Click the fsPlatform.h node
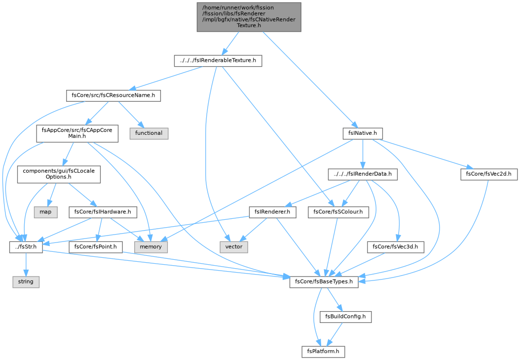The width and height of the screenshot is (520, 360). pyautogui.click(x=323, y=352)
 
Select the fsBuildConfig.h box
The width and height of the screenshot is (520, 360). pyautogui.click(x=345, y=317)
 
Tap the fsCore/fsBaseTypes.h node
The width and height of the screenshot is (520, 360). pyautogui.click(x=324, y=281)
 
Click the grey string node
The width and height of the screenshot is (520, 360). pyautogui.click(x=26, y=281)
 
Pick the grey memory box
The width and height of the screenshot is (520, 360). pyautogui.click(x=151, y=247)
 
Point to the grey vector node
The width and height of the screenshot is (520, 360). pyautogui.click(x=234, y=247)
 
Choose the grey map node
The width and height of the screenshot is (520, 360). pyautogui.click(x=45, y=212)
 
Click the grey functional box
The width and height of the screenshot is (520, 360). pyautogui.click(x=149, y=133)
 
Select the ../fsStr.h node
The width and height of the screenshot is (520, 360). pyautogui.click(x=26, y=247)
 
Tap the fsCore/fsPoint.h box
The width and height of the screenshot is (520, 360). pyautogui.click(x=96, y=247)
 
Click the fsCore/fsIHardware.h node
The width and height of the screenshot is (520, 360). pyautogui.click(x=103, y=212)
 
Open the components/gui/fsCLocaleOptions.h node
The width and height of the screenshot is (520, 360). pyautogui.click(x=59, y=174)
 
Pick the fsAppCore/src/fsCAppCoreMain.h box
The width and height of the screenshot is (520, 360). pyautogui.click(x=77, y=133)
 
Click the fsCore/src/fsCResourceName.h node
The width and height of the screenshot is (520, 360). pyautogui.click(x=113, y=96)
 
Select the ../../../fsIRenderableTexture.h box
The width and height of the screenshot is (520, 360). pyautogui.click(x=218, y=61)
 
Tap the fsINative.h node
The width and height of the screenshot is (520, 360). pyautogui.click(x=363, y=133)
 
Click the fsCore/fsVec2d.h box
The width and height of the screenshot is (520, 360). pyautogui.click(x=489, y=174)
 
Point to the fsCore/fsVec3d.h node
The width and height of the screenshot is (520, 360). pyautogui.click(x=395, y=247)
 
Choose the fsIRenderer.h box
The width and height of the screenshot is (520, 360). pyautogui.click(x=272, y=212)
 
